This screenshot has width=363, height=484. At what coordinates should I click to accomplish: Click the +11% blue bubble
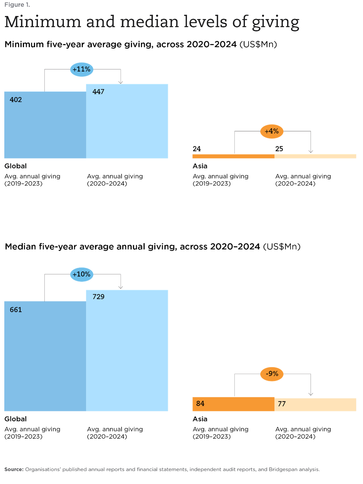pyautogui.click(x=81, y=69)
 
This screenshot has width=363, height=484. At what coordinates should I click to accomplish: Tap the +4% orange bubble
pyautogui.click(x=272, y=131)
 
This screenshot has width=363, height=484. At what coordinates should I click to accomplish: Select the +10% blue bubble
pyautogui.click(x=81, y=275)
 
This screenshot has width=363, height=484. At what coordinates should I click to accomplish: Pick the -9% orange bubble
pyautogui.click(x=272, y=374)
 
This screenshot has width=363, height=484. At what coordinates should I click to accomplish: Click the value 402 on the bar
pyautogui.click(x=16, y=100)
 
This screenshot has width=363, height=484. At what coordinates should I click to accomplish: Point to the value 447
pyautogui.click(x=98, y=92)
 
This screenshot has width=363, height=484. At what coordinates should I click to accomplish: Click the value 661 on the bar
pyautogui.click(x=16, y=310)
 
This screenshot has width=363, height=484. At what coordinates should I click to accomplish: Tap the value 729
pyautogui.click(x=98, y=296)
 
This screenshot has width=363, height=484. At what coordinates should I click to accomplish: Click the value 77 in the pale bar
pyautogui.click(x=282, y=404)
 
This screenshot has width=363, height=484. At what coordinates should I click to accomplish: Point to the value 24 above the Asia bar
pyautogui.click(x=197, y=149)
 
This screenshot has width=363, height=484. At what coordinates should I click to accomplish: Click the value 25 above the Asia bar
pyautogui.click(x=279, y=149)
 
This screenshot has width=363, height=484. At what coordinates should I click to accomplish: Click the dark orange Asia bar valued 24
pyautogui.click(x=233, y=156)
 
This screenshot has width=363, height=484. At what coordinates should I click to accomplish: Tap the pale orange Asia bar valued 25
pyautogui.click(x=315, y=156)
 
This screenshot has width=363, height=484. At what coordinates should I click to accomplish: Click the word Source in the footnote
pyautogui.click(x=14, y=469)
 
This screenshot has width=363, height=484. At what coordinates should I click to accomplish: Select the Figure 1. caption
pyautogui.click(x=17, y=5)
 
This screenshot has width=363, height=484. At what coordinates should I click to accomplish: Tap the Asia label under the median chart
pyautogui.click(x=200, y=419)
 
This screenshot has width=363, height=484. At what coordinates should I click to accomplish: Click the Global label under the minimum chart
pyautogui.click(x=15, y=166)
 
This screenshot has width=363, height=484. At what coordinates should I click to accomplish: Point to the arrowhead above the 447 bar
pyautogui.click(x=121, y=82)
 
